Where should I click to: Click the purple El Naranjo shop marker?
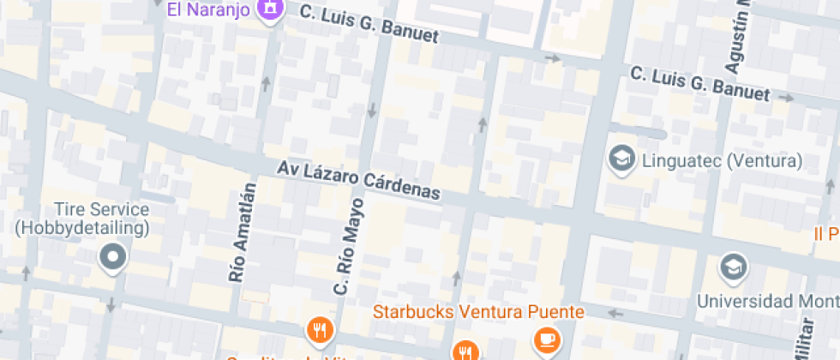(270, 9)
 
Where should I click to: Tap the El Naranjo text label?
(209, 10)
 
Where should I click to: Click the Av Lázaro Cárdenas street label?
(359, 181)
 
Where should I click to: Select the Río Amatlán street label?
(243, 232)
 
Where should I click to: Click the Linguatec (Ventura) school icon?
(621, 159)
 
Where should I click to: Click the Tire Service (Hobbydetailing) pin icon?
(112, 256)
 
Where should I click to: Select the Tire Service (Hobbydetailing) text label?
(82, 219)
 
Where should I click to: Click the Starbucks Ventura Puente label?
(479, 310)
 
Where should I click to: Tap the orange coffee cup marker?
(546, 340)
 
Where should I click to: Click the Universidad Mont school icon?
(735, 267)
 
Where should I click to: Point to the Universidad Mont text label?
(767, 301)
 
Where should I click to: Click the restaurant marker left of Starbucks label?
(319, 328)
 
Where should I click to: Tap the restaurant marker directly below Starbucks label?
(465, 351)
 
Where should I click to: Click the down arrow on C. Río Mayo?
(372, 111)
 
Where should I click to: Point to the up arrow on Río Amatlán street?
(266, 83)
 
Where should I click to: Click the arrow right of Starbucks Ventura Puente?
(614, 312)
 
